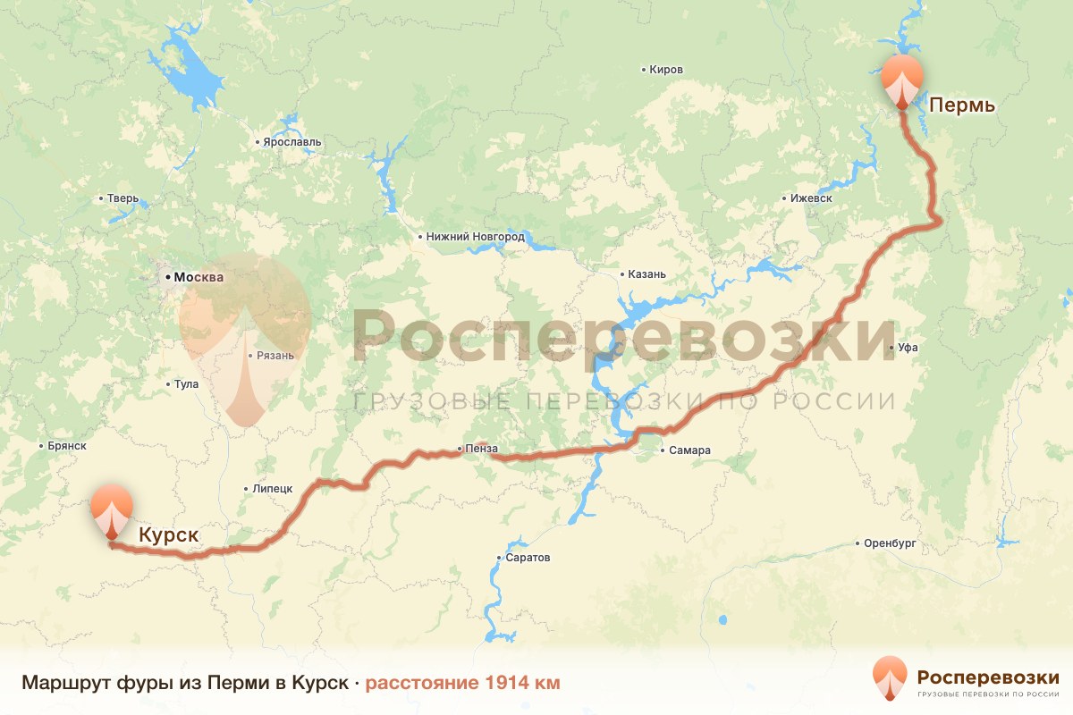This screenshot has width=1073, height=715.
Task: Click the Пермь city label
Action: (962, 105)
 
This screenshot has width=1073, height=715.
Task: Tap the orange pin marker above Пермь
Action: (901, 79)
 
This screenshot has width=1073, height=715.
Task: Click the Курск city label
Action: (168, 535)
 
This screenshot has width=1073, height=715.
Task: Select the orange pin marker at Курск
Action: (111, 510)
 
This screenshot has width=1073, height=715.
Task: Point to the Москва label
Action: (199, 277)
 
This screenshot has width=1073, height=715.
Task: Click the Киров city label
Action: (666, 70)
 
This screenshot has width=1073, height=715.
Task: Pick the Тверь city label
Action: (122, 198)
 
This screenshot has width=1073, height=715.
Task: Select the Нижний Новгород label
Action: (475, 237)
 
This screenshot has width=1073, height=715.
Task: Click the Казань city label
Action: (647, 274)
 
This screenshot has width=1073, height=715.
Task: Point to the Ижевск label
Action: (812, 198)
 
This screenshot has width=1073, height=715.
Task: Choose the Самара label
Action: (689, 450)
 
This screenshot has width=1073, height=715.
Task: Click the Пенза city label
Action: (481, 449)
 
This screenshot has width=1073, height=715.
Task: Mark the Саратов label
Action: (528, 558)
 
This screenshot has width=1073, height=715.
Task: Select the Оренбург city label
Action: (891, 543)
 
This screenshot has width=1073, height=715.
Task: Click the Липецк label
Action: (273, 490)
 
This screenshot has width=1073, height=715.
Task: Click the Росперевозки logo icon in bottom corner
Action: (890, 679)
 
